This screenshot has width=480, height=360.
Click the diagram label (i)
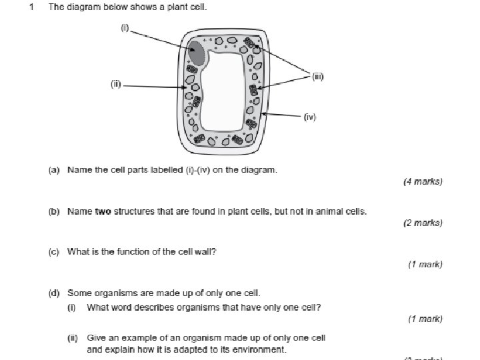tap(124, 28)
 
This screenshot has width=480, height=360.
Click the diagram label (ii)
tap(115, 84)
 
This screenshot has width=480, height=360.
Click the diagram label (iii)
tap(318, 77)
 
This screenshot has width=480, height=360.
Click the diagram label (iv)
tap(309, 117)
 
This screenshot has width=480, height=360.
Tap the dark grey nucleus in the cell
tap(196, 53)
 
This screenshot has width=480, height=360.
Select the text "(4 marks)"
tap(423, 181)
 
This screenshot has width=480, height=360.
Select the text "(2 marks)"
tap(423, 223)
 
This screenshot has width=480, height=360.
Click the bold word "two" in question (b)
tap(103, 212)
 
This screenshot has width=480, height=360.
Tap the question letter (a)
tap(55, 170)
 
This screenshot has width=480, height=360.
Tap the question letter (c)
tap(55, 251)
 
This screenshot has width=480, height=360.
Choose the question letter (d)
tap(55, 293)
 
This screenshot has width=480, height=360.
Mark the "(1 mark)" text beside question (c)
tap(425, 265)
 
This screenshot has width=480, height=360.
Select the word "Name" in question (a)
tap(79, 170)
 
